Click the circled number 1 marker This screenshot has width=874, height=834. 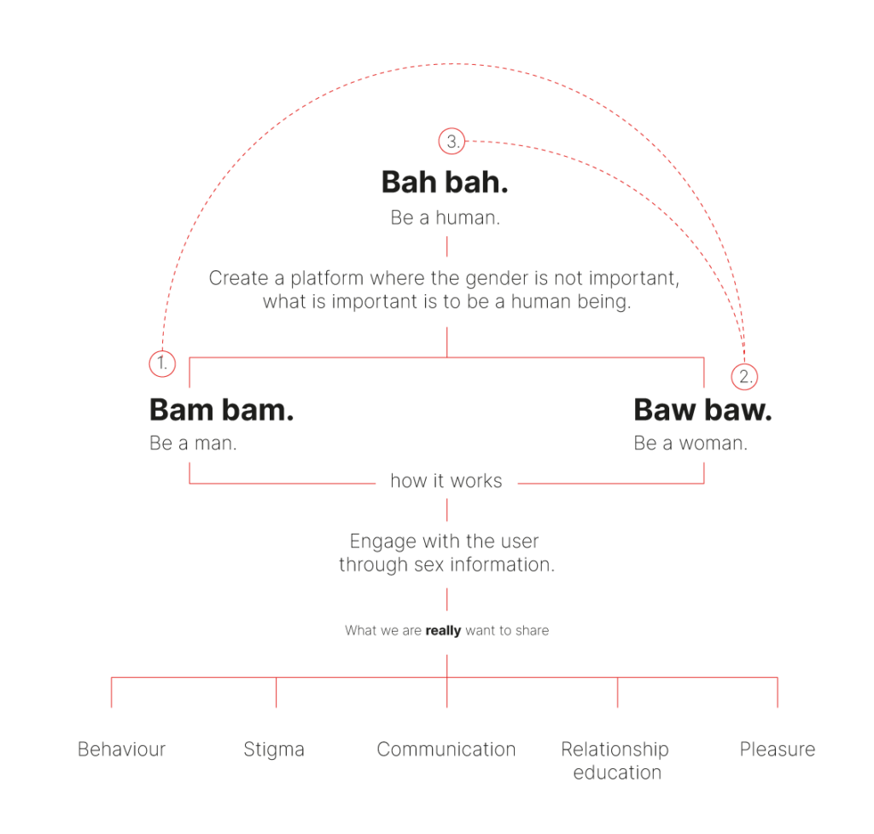[x=162, y=364]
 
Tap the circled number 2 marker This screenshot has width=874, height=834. [x=744, y=376]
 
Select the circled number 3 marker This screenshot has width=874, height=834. [x=452, y=142]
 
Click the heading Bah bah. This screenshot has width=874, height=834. [x=445, y=182]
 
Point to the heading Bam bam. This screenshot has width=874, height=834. [x=221, y=409]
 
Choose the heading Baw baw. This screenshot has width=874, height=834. [x=702, y=409]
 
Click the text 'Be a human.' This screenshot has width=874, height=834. [x=445, y=217]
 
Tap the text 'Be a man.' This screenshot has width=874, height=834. [x=193, y=443]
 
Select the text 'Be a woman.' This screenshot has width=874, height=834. [x=690, y=443]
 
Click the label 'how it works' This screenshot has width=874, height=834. [x=446, y=481]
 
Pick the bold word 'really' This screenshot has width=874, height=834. [x=443, y=631]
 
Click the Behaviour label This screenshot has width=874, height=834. [x=121, y=750]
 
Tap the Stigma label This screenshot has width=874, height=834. [x=274, y=750]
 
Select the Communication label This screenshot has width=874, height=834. [x=446, y=750]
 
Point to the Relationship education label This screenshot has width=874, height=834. [x=615, y=761]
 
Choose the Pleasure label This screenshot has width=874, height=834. [x=778, y=750]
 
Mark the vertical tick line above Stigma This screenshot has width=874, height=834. [x=276, y=692]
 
